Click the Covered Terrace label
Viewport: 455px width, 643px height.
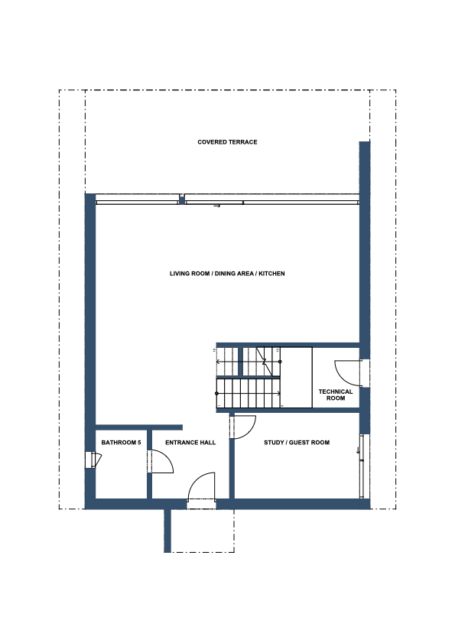(x=227, y=142)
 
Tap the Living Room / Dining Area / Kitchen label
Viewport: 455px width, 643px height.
(x=227, y=274)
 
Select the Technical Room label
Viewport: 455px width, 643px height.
(x=336, y=395)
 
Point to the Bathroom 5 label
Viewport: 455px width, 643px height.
(x=121, y=443)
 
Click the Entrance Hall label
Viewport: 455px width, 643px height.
(x=190, y=443)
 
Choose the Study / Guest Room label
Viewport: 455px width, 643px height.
(x=297, y=443)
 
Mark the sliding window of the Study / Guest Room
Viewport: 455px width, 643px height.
(x=362, y=466)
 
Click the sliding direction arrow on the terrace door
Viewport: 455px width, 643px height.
(x=217, y=206)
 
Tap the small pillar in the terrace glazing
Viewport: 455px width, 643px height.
(x=182, y=200)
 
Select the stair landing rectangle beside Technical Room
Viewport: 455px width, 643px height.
(x=296, y=377)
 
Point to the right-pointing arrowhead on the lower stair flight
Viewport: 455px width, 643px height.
(x=279, y=394)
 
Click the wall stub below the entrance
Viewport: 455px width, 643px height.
(x=167, y=531)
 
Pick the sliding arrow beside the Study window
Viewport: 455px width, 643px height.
(x=358, y=450)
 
